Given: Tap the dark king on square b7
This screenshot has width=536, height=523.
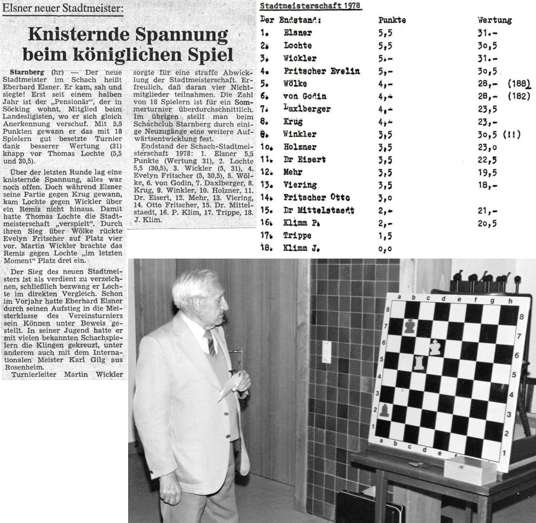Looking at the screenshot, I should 409,326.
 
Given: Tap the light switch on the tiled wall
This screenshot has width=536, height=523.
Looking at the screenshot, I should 327,352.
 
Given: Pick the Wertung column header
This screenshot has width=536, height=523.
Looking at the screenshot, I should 494,20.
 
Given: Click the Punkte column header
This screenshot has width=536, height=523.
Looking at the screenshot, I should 392,20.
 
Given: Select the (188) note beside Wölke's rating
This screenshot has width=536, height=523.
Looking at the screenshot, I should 518,84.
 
